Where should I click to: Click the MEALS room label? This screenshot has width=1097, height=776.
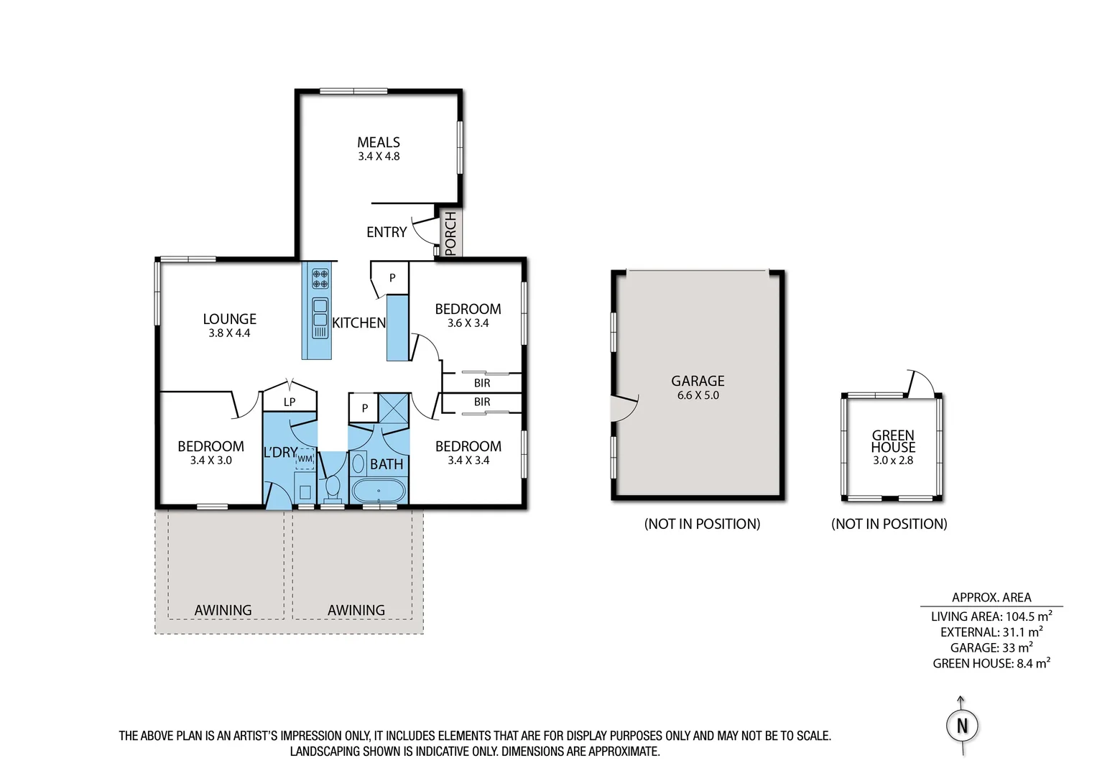click(379, 142)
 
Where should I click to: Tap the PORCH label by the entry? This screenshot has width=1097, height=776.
click(450, 233)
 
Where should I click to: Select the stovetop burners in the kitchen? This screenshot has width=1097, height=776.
click(320, 279)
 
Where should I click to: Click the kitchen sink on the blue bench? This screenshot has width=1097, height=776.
click(320, 317)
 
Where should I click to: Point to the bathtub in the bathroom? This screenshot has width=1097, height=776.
click(379, 492)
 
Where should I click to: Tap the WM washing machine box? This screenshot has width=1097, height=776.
click(305, 458)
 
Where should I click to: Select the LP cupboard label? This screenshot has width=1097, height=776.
click(290, 402)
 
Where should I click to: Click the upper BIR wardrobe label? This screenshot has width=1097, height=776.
click(482, 383)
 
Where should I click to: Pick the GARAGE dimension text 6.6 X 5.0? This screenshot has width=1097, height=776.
click(698, 395)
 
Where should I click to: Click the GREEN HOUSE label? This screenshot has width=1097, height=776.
click(893, 440)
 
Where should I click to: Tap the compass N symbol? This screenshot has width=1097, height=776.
click(962, 726)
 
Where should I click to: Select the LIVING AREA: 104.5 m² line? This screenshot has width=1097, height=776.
click(991, 616)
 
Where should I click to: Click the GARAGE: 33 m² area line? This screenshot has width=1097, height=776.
click(991, 648)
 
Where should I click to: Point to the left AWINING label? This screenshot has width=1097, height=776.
click(223, 610)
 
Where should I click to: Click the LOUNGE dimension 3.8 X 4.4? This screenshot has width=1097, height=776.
click(229, 333)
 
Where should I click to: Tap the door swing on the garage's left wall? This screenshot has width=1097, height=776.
click(624, 407)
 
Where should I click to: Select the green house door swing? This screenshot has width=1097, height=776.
click(920, 383)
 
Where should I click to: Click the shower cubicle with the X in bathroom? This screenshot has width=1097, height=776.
click(394, 408)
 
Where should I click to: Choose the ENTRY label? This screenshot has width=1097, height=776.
click(387, 232)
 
